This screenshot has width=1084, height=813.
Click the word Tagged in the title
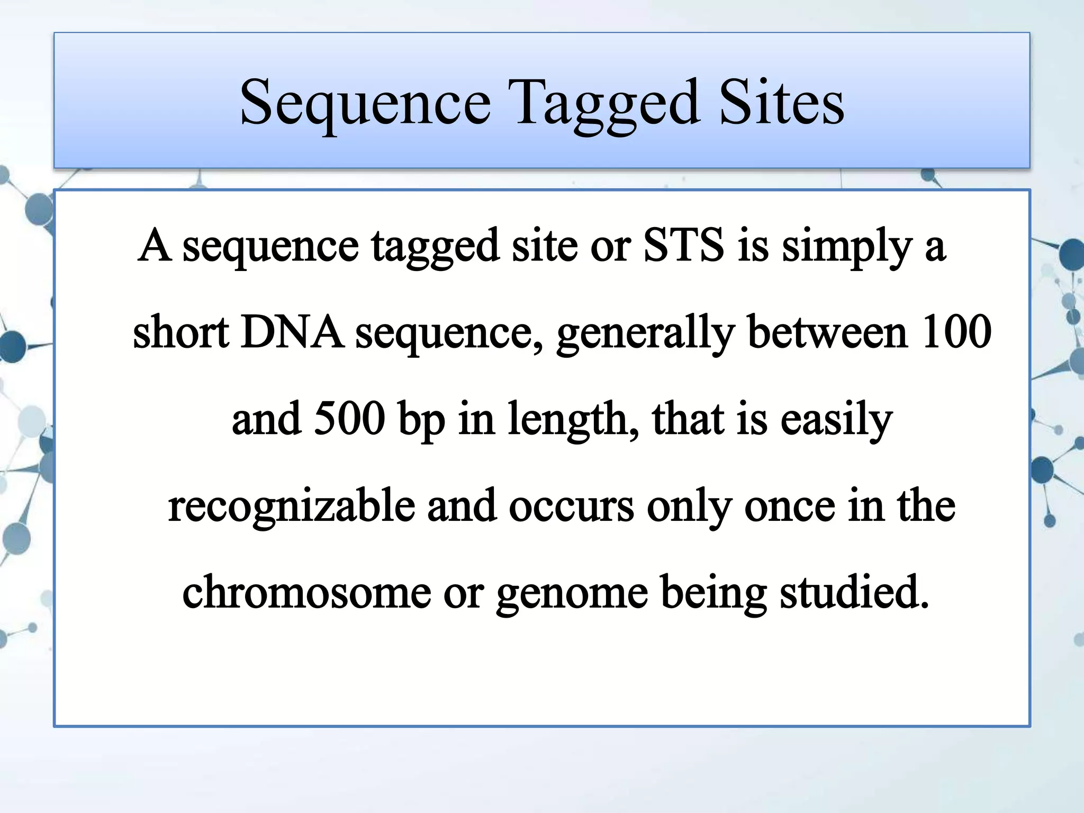point(607,103)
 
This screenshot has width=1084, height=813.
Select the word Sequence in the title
point(365,103)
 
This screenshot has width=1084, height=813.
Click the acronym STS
point(683,245)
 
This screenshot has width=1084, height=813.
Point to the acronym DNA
point(292,332)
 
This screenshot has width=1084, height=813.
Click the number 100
point(956,332)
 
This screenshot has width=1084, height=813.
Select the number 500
point(349,419)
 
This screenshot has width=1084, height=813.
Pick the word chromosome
point(306,592)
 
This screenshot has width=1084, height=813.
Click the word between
point(828,332)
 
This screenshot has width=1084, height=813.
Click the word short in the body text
point(180,332)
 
